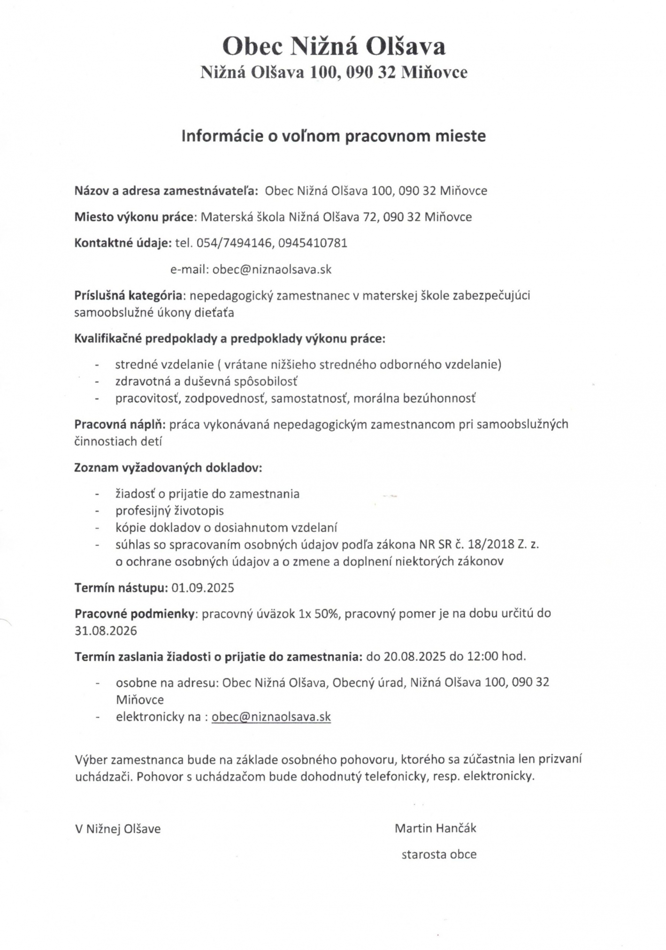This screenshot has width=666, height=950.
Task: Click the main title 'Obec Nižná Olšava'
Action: pos(334,46)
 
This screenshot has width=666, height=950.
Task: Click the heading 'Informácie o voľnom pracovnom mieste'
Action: pos(334,136)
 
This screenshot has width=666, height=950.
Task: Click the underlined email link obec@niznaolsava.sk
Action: pos(271,717)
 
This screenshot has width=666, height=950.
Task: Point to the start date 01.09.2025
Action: pos(203,588)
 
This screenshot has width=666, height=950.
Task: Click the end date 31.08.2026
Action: pos(106,630)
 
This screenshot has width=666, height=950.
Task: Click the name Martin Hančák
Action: pos(435,828)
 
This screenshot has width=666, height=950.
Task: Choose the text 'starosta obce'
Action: pos(439,854)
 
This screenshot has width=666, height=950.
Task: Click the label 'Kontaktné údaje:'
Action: pos(123,243)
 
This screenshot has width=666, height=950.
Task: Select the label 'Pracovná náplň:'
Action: pos(120,424)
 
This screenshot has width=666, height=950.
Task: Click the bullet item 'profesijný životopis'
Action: pos(169,511)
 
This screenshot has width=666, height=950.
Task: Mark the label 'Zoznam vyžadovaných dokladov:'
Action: pos(168,467)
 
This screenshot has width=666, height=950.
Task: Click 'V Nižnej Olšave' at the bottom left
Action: pos(118,829)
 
